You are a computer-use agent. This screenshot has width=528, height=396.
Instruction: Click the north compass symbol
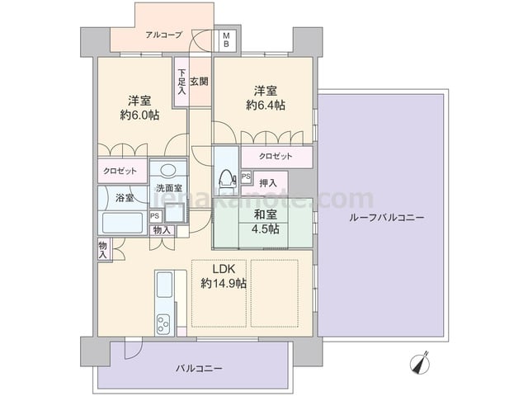pyautogui.click(x=421, y=364)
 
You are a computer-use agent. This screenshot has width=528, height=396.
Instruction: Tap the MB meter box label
pyautogui.click(x=226, y=40)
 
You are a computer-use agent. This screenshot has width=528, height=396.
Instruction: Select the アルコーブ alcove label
pyautogui.click(x=164, y=35)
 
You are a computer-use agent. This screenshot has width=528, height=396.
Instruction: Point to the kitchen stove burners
pyautogui.click(x=163, y=323)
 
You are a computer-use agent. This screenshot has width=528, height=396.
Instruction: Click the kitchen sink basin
pyautogui.click(x=164, y=285)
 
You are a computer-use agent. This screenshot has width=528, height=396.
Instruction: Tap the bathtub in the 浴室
pyautogui.click(x=122, y=223)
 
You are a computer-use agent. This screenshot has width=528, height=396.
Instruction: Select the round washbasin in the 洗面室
pyautogui.click(x=168, y=170)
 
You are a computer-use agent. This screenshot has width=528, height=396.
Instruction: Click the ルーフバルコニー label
pyautogui.click(x=387, y=218)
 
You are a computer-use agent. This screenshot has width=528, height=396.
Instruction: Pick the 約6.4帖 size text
pyautogui.click(x=266, y=106)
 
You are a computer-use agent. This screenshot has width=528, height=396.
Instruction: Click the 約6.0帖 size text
pyautogui.click(x=139, y=115)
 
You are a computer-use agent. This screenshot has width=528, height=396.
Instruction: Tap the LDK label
pyautogui.click(x=224, y=269)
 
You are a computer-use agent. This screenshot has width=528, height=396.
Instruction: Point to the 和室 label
pyautogui.click(x=266, y=214)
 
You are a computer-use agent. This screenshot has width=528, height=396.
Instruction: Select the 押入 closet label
pyautogui.click(x=268, y=183)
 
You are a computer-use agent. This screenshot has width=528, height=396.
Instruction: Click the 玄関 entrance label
pyautogui.click(x=199, y=82)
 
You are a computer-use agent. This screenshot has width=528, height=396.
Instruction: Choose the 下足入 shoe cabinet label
pyautogui.click(x=181, y=82)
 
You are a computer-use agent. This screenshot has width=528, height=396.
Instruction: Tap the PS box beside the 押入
pyautogui.click(x=246, y=177)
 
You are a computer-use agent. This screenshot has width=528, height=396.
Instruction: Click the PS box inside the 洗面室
pyautogui.click(x=155, y=216)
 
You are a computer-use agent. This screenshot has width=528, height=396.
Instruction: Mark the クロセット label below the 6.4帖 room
pyautogui.click(x=276, y=156)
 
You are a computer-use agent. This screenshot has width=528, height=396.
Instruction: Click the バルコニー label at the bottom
pyautogui.click(x=199, y=369)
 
